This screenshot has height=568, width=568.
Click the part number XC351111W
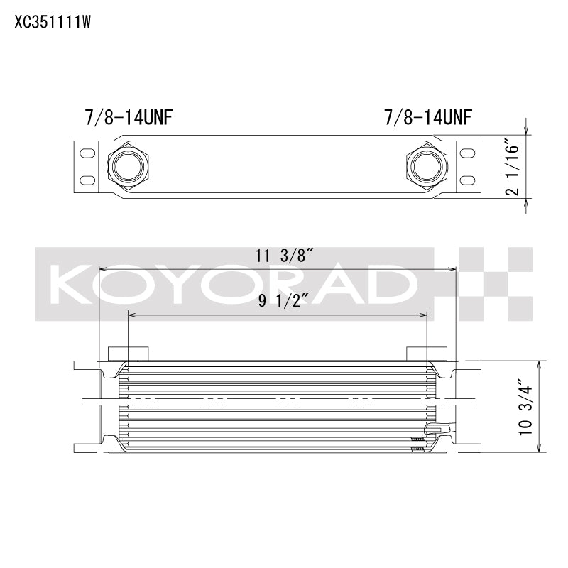click(53, 22)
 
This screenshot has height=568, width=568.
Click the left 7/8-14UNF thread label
click(131, 116)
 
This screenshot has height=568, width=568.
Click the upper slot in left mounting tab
click(87, 153)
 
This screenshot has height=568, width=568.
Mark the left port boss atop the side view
click(128, 354)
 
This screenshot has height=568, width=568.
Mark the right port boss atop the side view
click(427, 354)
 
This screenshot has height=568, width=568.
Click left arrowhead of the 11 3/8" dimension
click(102, 269)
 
